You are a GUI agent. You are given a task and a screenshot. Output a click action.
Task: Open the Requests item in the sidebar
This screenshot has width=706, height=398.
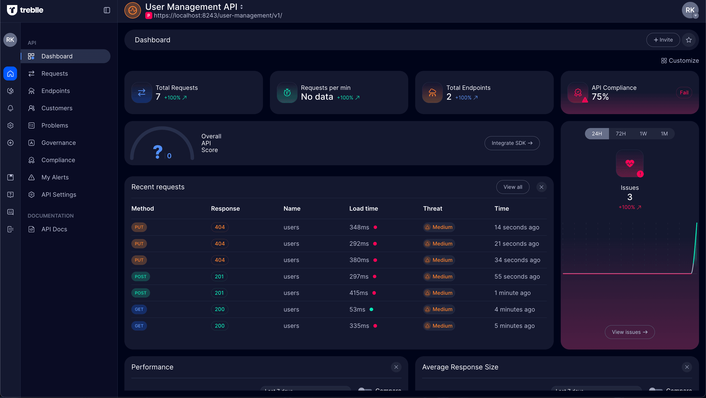[x=55, y=73]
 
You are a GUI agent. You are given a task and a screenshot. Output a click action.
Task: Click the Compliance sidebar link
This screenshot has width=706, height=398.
[x=58, y=160]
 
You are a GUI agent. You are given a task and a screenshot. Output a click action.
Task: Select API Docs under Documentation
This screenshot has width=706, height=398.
[x=54, y=229]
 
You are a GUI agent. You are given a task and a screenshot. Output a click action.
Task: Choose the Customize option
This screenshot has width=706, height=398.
[x=680, y=61]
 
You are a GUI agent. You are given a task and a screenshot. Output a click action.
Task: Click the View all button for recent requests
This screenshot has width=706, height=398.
[x=512, y=187]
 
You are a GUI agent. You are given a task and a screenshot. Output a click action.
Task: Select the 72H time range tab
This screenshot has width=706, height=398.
[x=621, y=134]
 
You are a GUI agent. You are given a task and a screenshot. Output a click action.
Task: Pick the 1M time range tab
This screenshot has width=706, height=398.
[x=664, y=134]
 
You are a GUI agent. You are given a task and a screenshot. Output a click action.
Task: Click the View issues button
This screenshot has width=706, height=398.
[x=630, y=332]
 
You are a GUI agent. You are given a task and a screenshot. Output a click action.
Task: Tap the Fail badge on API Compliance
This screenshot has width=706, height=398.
[x=684, y=93]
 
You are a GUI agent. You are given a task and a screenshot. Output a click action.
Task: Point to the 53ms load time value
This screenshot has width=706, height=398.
[x=357, y=309]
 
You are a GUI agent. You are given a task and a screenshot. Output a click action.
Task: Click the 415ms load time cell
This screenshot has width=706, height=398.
[x=359, y=293]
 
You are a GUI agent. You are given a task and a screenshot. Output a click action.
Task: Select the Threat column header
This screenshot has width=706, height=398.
[x=432, y=208]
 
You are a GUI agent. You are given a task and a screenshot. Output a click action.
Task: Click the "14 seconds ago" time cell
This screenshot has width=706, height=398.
[x=517, y=227]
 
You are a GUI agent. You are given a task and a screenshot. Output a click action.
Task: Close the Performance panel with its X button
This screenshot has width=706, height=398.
[x=396, y=367]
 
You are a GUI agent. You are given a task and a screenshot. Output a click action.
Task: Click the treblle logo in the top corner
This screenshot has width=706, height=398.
[x=25, y=10]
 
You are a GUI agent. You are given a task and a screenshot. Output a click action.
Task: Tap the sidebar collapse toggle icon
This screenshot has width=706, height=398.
[x=107, y=10]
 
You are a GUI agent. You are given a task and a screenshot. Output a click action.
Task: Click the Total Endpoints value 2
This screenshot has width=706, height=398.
[x=449, y=97]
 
